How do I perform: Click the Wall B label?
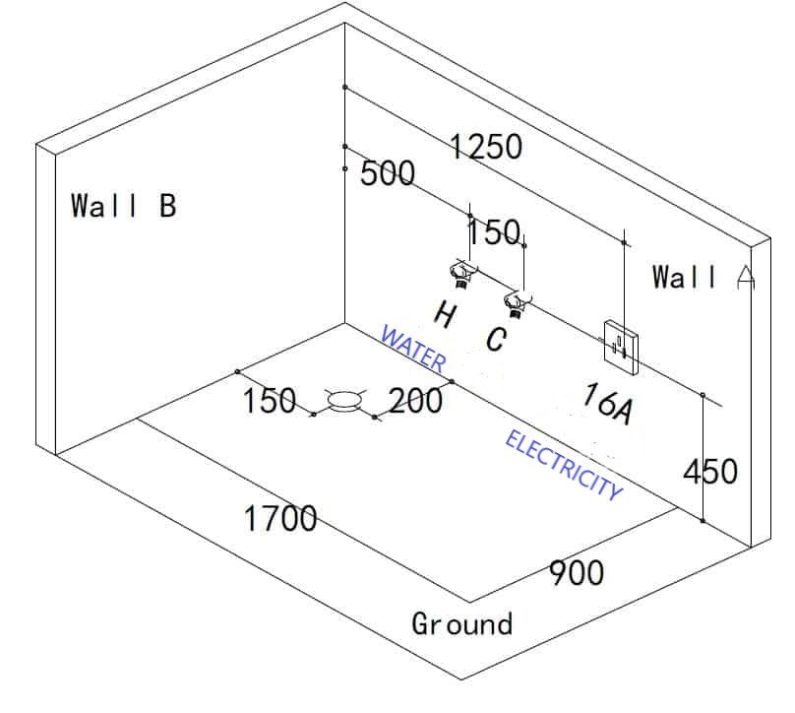pos(123,206)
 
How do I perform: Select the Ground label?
pos(461,623)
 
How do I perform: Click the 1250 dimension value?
pos(486,147)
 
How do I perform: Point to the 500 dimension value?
pos(388,174)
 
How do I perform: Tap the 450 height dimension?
pos(709,472)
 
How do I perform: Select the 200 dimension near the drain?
pos(415,400)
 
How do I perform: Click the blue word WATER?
pos(412,350)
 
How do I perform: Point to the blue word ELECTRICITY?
pos(564,465)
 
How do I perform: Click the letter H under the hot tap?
pos(445,316)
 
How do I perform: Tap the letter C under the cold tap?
pos(497,340)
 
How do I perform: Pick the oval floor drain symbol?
pos(344,400)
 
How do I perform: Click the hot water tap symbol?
pos(459,271)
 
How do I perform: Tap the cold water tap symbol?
pos(516,299)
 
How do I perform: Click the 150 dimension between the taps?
pos(493,233)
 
